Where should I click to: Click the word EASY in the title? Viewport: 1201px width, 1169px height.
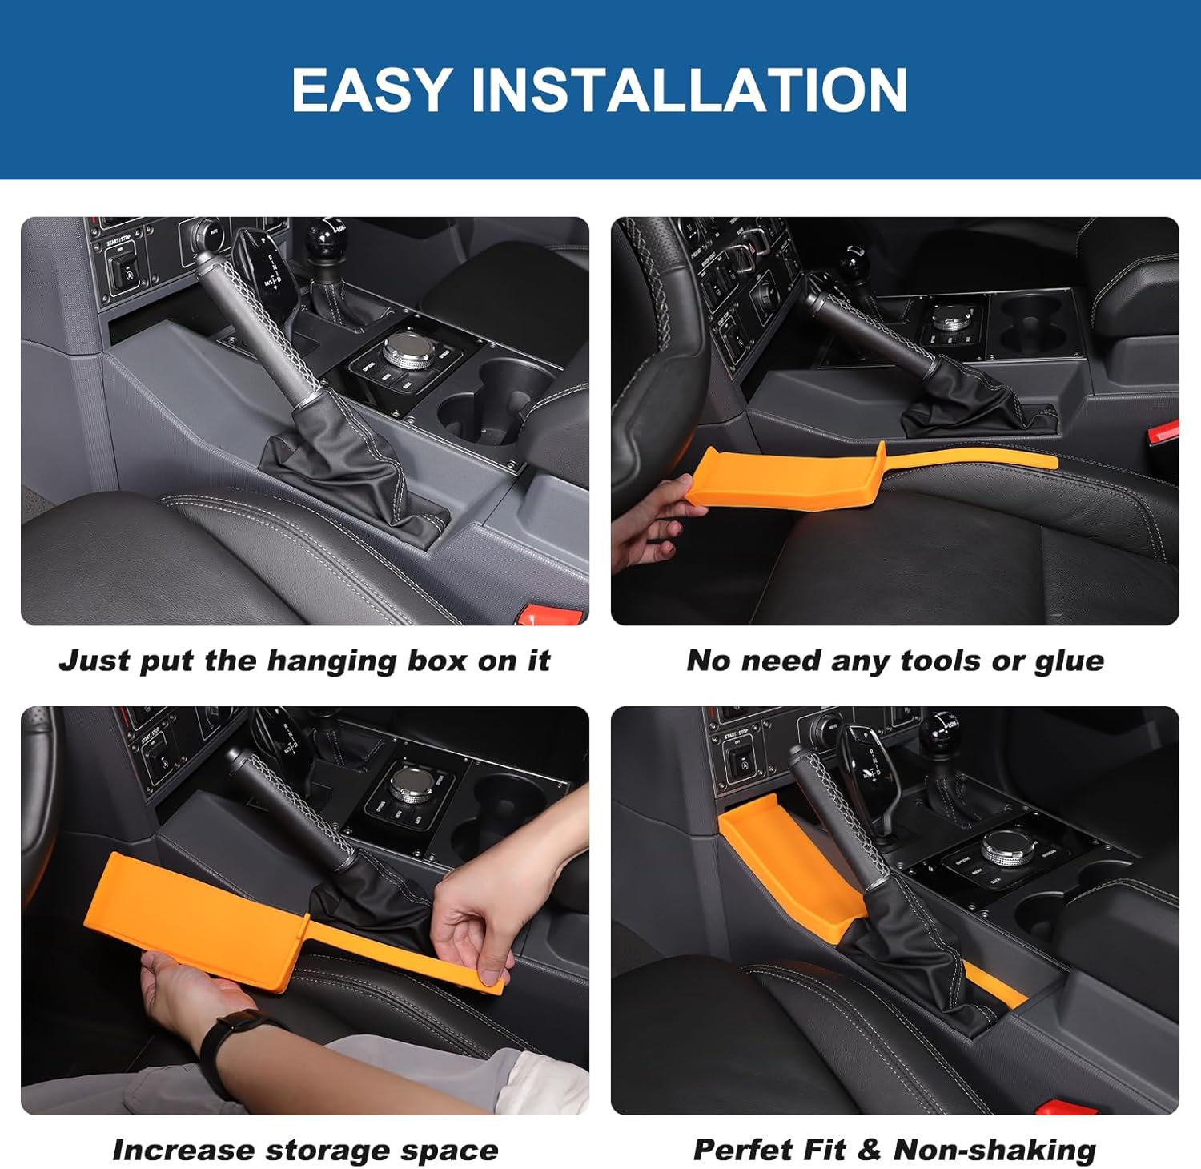[372, 90]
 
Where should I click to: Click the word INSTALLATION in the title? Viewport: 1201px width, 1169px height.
[689, 90]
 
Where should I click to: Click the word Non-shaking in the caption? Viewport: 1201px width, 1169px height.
[994, 1151]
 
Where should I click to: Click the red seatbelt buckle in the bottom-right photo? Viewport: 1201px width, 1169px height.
[1065, 1107]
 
